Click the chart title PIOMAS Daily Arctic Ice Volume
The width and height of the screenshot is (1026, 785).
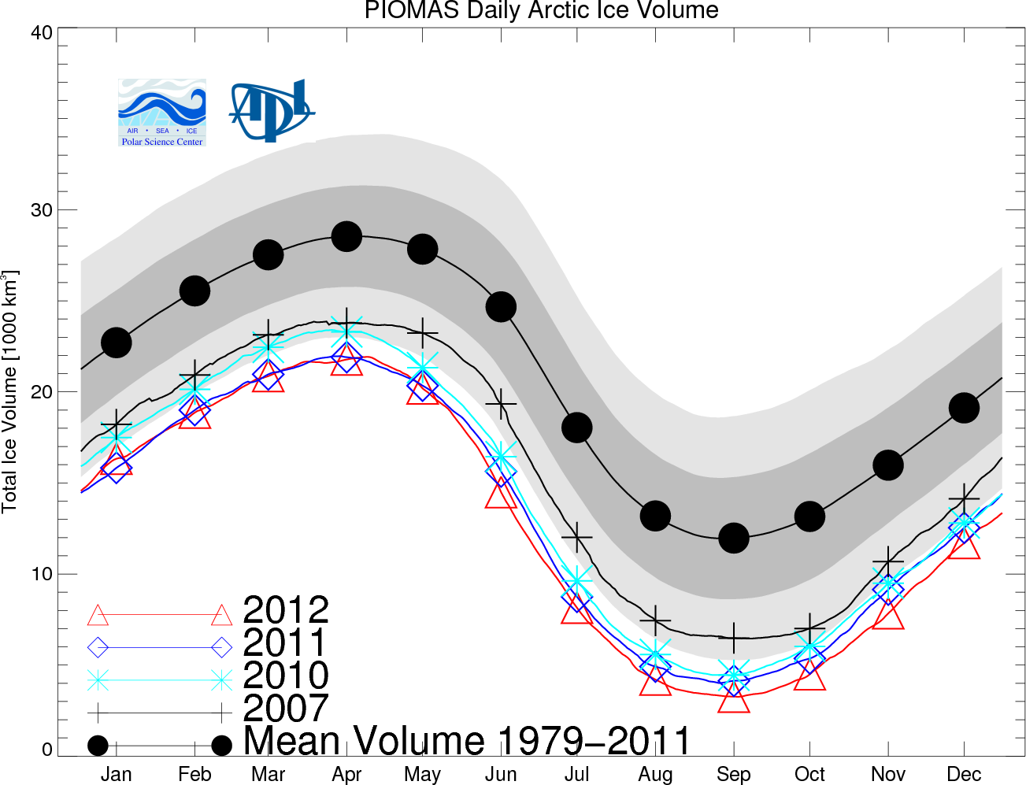541,11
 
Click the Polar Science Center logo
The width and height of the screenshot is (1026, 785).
162,113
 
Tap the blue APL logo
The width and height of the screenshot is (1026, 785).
272,109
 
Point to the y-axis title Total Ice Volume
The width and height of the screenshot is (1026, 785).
10,391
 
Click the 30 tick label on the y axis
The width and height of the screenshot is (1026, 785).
42,210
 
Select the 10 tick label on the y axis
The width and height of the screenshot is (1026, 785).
42,574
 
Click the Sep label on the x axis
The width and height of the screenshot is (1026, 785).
733,775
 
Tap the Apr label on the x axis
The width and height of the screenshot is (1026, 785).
346,775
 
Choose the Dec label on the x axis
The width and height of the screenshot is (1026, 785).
964,775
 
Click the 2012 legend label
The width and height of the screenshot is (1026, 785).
286,610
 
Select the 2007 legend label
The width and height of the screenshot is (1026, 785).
286,709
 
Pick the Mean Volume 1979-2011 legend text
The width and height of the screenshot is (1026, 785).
467,742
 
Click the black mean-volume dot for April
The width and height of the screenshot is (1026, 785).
346,236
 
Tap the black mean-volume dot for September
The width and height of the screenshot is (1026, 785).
734,538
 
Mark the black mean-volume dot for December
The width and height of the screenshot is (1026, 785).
964,408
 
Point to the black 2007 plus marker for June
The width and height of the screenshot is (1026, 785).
501,405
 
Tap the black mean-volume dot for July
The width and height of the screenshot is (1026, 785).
577,428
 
